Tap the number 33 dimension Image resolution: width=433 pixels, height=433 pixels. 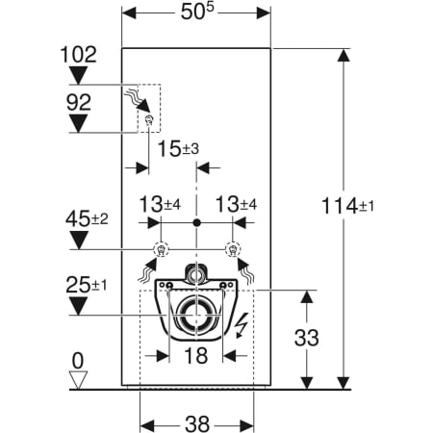tap(307, 340)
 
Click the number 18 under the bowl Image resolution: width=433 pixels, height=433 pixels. tap(196, 356)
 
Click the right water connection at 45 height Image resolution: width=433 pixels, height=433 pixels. tap(231, 252)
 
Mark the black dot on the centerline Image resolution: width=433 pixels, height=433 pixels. tap(196, 223)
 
